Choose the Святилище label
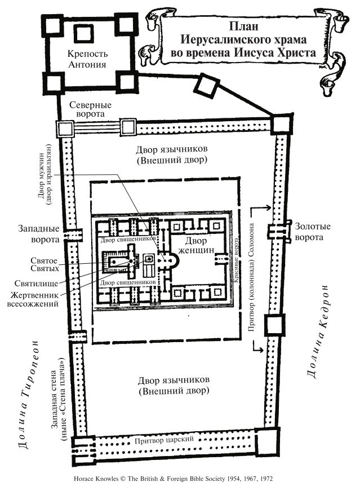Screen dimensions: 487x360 (x=41, y=281)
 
